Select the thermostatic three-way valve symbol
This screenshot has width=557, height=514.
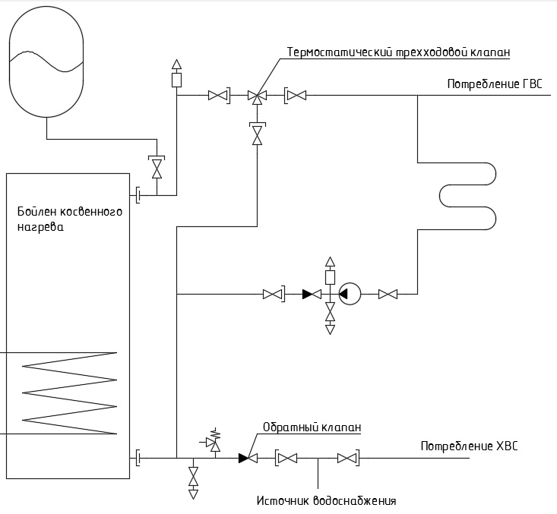coord(257,96)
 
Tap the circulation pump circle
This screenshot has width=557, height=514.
coord(350,294)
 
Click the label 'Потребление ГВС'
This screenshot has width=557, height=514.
coord(495,84)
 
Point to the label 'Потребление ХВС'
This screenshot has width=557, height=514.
coord(470,446)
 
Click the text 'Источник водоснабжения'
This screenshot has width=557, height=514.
coord(326,501)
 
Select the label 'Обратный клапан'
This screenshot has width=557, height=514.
coord(312,427)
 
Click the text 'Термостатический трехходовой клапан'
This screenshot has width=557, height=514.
coord(399,52)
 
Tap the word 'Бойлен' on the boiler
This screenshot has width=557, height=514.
coord(36,212)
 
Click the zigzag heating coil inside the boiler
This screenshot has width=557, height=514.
coord(69,393)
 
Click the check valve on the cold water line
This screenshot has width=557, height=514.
coord(248,458)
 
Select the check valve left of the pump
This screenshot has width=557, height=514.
coord(312,294)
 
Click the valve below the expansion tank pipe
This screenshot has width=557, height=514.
coord(157,167)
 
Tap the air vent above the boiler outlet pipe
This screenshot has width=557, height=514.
coord(176,74)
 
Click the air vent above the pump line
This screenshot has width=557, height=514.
coord(330,271)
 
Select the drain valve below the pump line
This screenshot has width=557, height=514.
coord(330,318)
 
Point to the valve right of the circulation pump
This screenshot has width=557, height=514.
coord(388,294)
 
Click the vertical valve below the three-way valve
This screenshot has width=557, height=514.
coord(257,134)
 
